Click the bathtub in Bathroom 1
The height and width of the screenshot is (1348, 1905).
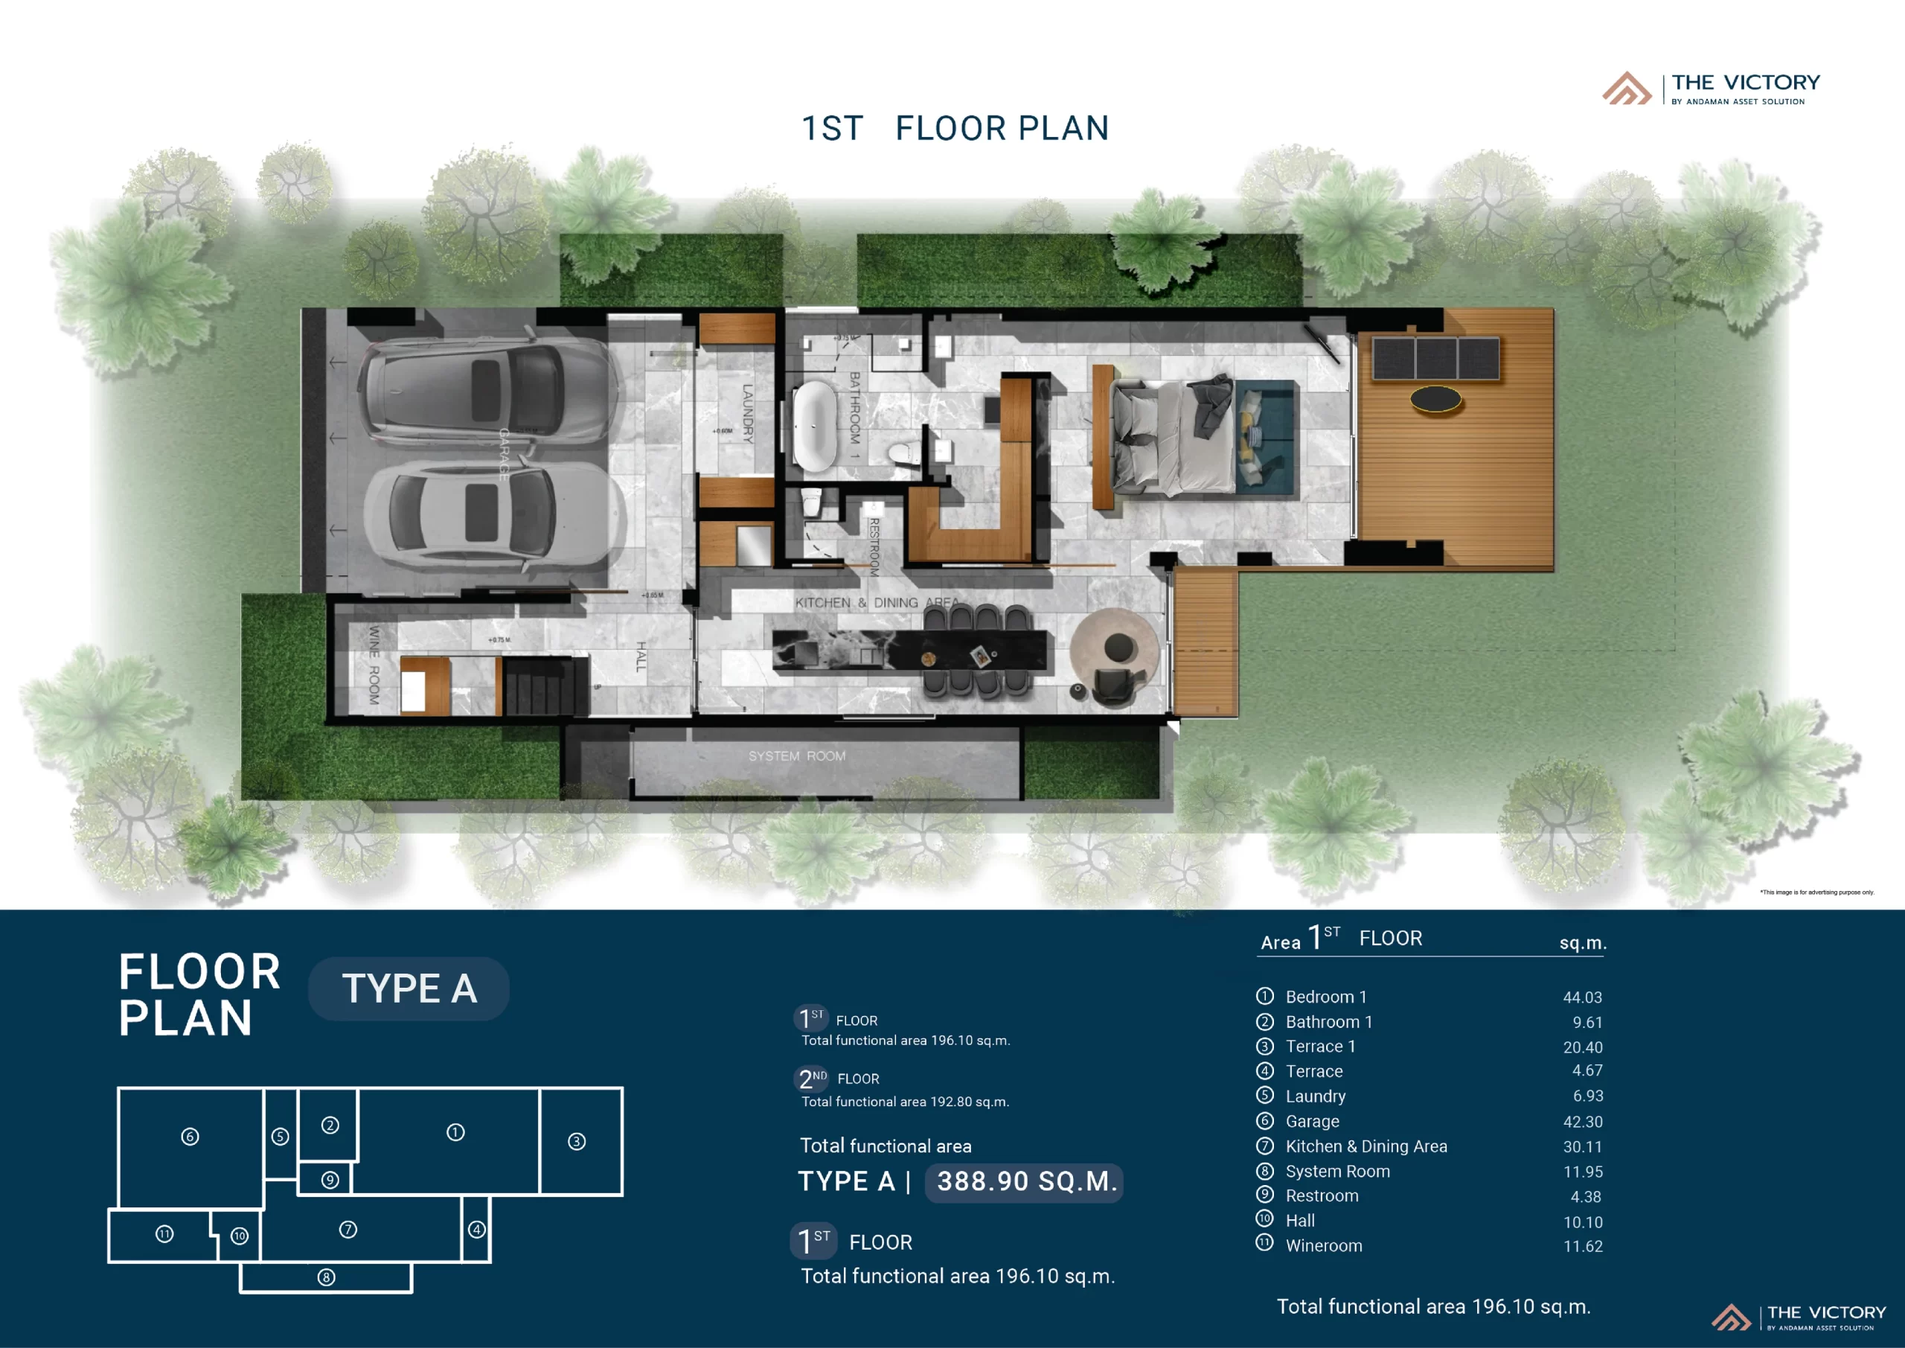814,426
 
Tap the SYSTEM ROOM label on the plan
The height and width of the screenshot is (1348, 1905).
796,756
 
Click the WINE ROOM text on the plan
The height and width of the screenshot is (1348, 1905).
374,665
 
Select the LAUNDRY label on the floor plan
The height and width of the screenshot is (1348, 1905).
748,412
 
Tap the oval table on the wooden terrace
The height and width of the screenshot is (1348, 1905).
1435,399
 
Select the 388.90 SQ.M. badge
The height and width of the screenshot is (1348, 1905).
1024,1181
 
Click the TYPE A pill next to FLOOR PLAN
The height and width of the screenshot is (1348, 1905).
409,988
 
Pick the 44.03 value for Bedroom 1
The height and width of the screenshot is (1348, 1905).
1581,997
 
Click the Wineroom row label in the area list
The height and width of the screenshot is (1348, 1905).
1323,1246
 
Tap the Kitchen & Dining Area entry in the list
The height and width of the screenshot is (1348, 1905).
1365,1146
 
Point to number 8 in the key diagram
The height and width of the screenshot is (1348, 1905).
326,1277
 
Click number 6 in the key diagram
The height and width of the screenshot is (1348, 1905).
190,1137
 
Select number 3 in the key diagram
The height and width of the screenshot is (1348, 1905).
577,1141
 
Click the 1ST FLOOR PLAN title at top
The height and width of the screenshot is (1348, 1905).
954,129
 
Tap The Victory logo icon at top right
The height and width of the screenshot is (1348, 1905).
1626,89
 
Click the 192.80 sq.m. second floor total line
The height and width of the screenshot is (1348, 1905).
904,1102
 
